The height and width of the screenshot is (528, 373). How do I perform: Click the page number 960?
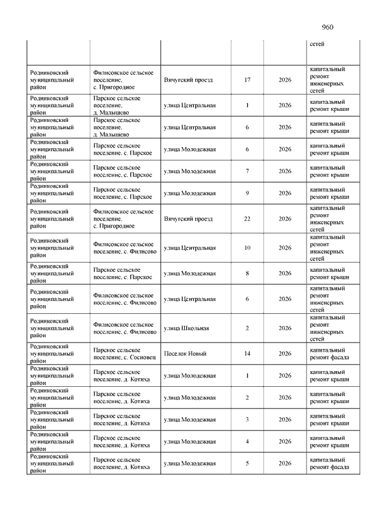coord(327,27)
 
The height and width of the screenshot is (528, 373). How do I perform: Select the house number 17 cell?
coord(247,80)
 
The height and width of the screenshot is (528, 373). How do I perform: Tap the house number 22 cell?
coord(247,219)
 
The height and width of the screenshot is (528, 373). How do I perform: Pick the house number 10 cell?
coord(247,248)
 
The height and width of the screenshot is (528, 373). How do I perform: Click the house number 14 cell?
coord(247,354)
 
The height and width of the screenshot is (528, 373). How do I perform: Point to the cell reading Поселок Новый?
coord(185,354)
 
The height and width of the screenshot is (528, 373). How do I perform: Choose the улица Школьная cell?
coord(186,328)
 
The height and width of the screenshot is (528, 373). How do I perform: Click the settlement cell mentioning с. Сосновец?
coord(125,354)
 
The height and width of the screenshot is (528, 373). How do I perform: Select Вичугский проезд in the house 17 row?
coord(188,80)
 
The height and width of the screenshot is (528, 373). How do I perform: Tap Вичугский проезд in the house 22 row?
coord(188,219)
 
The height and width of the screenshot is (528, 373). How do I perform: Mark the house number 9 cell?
coord(247,193)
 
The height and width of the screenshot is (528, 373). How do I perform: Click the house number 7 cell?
coord(247,172)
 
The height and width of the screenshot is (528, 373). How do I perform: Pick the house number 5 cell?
coord(247,464)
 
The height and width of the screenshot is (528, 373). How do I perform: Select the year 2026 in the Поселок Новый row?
coord(285,354)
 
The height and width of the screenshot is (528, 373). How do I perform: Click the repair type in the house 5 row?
coord(329,464)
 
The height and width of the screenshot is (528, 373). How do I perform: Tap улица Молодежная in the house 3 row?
coord(190,419)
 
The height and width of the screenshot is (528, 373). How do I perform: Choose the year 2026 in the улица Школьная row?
coord(285,328)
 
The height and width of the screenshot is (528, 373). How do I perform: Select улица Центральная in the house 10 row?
coord(190,248)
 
